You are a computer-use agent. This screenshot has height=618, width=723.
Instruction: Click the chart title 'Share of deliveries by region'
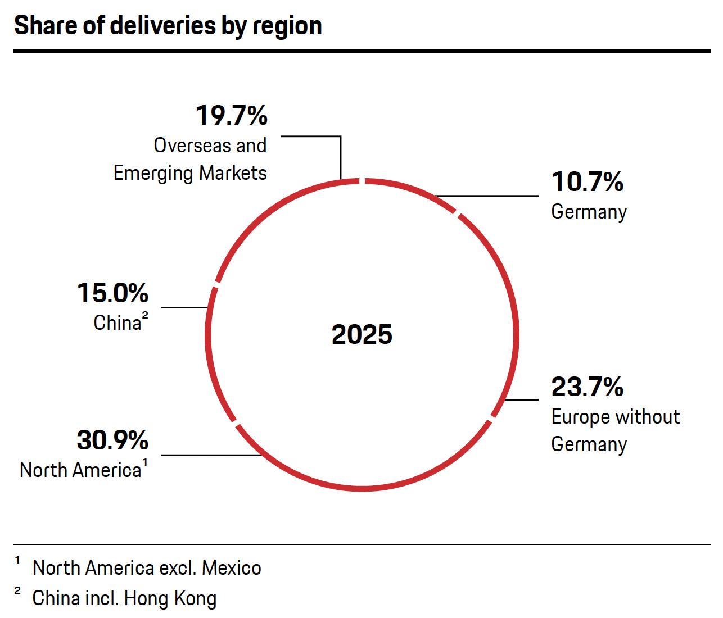[x=168, y=26]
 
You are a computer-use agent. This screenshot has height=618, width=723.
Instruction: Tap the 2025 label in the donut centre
[x=362, y=334]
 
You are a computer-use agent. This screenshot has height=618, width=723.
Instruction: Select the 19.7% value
[x=232, y=116]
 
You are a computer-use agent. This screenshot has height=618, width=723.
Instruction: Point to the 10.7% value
[x=587, y=182]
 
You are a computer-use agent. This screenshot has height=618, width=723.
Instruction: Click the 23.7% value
[x=587, y=387]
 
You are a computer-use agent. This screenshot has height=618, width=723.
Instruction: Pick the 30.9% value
[x=112, y=440]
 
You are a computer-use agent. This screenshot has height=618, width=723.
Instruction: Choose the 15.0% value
[x=112, y=293]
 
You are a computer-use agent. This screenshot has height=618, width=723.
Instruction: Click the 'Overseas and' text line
[x=210, y=146]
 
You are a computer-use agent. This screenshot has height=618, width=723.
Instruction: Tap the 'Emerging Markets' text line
[x=190, y=172]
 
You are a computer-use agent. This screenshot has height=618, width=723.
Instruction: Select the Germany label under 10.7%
[x=589, y=212]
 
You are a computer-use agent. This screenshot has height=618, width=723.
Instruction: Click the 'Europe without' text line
[x=615, y=417]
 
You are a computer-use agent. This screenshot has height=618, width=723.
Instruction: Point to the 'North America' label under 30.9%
[x=80, y=470]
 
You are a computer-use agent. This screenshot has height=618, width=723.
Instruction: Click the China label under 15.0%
[x=117, y=323]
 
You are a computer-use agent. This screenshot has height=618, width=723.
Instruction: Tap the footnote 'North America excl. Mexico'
[x=147, y=568]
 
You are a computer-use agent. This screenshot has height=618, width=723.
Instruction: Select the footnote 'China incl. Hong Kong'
[x=124, y=598]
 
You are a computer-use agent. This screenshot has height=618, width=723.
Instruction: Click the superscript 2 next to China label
[x=145, y=317]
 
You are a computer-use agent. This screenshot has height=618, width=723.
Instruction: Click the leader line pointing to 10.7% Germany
[x=487, y=196]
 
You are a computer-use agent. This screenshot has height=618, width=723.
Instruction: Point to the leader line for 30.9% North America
[x=211, y=455]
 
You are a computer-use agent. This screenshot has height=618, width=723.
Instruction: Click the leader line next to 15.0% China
[x=184, y=307]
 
